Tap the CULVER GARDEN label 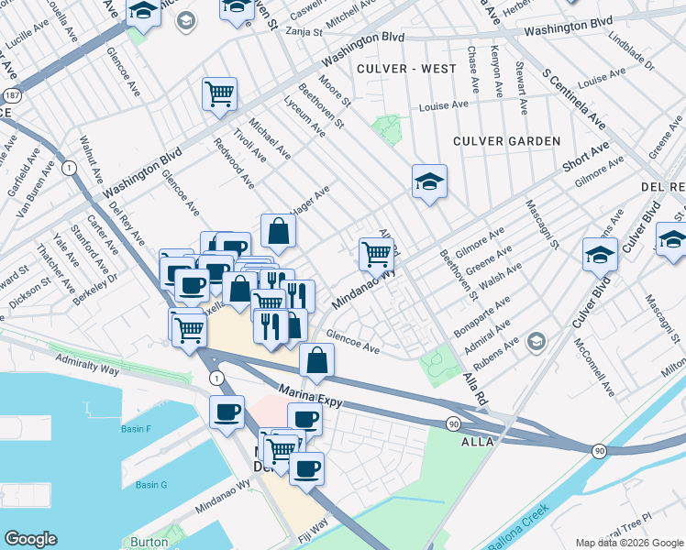[x=506, y=141]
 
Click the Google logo [x=30, y=539]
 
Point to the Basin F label [x=135, y=429]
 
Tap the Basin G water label [x=151, y=484]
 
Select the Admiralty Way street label [x=89, y=365]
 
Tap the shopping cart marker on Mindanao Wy [x=376, y=254]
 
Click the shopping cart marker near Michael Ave [x=219, y=93]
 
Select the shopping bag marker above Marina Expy [x=316, y=361]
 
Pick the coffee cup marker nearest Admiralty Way [x=227, y=412]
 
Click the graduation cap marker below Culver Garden [x=429, y=181]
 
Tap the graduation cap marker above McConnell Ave [x=600, y=254]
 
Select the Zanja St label [x=304, y=31]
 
